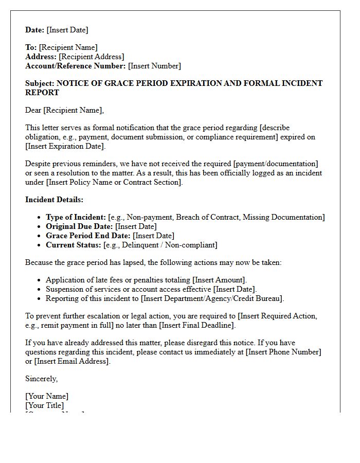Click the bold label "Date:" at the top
[35, 30]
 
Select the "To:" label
[31, 47]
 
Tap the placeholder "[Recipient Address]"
[91, 57]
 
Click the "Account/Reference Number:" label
[75, 66]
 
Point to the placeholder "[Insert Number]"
[154, 66]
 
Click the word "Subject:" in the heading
[40, 83]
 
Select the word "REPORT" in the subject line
[42, 93]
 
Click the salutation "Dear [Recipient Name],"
[64, 110]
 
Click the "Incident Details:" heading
[54, 200]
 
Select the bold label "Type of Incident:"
[76, 217]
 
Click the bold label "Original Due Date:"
[79, 226]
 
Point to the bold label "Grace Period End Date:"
[88, 236]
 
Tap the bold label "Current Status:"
[74, 245]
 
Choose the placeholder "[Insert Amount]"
[219, 280]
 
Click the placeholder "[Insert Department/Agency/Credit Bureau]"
[212, 298]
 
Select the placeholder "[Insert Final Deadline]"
[196, 325]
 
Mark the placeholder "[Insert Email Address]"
[72, 361]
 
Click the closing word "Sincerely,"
[42, 379]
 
